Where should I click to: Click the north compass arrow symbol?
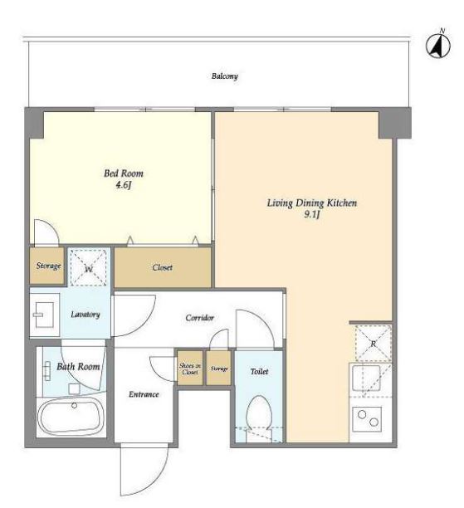pyautogui.click(x=437, y=45)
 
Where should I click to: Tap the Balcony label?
pyautogui.click(x=225, y=76)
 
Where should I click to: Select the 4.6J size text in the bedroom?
pyautogui.click(x=124, y=185)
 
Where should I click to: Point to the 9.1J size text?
pyautogui.click(x=312, y=214)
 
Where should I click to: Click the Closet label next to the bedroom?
pyautogui.click(x=163, y=267)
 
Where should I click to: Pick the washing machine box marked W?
pyautogui.click(x=89, y=267)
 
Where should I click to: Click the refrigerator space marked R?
pyautogui.click(x=374, y=343)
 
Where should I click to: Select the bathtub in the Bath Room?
pyautogui.click(x=71, y=417)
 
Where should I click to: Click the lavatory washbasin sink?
pyautogui.click(x=45, y=315)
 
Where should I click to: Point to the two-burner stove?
pyautogui.click(x=367, y=419)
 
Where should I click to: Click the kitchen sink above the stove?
pyautogui.click(x=366, y=378)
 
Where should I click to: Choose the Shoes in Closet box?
pyautogui.click(x=190, y=369)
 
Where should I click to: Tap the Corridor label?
pyautogui.click(x=199, y=318)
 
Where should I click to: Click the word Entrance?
pyautogui.click(x=144, y=394)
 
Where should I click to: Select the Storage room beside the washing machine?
pyautogui.click(x=47, y=266)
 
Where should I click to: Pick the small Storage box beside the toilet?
pyautogui.click(x=218, y=369)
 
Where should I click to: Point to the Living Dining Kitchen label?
pyautogui.click(x=312, y=203)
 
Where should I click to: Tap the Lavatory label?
pyautogui.click(x=85, y=315)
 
